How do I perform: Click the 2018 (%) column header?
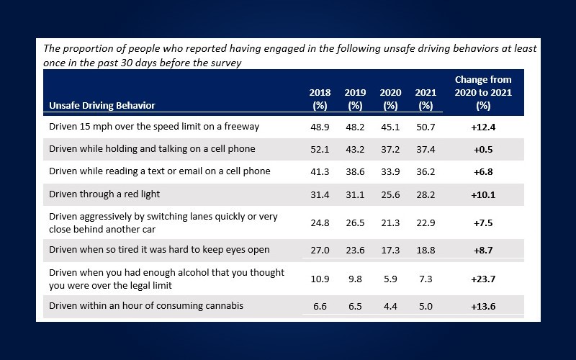pos(320,99)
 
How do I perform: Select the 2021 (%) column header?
pos(426,99)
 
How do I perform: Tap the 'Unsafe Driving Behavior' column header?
pos(102,105)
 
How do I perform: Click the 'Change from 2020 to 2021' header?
pos(483,92)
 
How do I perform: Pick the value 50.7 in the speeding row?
pos(426,127)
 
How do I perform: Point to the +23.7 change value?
pos(483,278)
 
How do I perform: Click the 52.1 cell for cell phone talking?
pos(320,149)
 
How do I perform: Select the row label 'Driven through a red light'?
pos(104,194)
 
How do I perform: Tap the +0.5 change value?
pos(483,149)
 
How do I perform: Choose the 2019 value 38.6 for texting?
pos(355,171)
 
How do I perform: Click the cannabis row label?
pos(146,306)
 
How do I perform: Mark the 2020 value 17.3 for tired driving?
pos(390,250)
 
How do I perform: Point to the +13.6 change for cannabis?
pos(483,306)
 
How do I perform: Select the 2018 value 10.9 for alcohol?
pos(320,278)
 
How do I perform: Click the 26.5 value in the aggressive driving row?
pos(355,222)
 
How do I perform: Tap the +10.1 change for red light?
pos(483,194)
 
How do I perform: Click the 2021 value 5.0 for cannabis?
pos(426,306)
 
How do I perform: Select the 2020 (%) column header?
pos(390,99)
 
